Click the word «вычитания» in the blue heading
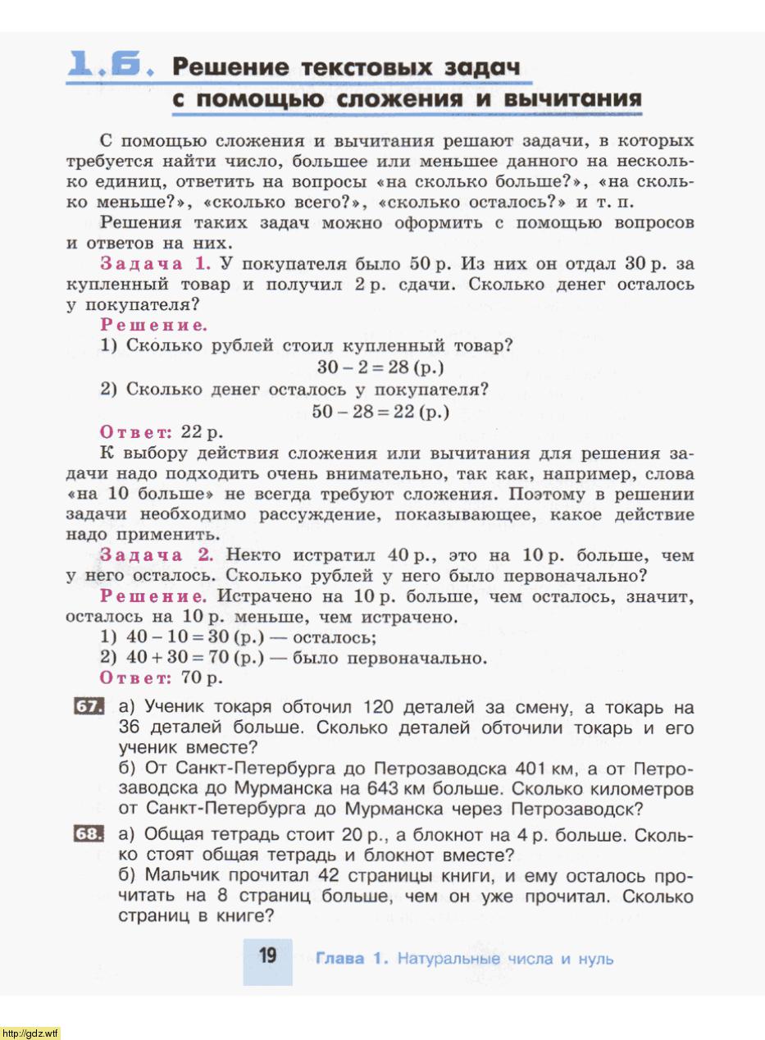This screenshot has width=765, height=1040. click(572, 99)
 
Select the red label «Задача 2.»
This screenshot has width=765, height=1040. click(157, 555)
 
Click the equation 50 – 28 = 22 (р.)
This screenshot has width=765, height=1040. click(380, 411)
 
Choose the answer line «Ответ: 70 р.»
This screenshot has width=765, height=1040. click(161, 677)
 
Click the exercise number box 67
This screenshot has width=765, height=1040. click(88, 706)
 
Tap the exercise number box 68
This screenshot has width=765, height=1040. click(88, 833)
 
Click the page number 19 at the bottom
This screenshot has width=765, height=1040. click(267, 956)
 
